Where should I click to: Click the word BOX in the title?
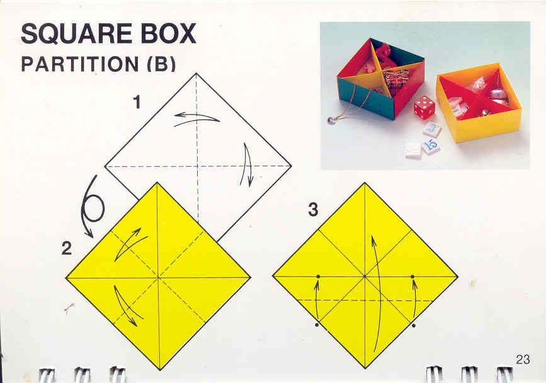tap(167, 33)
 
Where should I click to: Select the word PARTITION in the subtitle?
tap(80, 64)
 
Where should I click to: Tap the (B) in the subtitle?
tap(161, 64)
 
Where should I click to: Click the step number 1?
tap(137, 103)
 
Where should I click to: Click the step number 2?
tap(67, 248)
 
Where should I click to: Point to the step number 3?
tap(313, 210)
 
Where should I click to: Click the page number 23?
tap(523, 359)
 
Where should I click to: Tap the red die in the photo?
tap(424, 108)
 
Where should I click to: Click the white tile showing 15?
tap(430, 145)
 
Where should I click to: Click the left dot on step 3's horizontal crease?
tap(318, 277)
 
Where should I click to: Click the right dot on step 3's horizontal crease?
tap(412, 277)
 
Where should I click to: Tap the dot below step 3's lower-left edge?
tap(317, 325)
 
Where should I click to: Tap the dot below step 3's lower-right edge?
tap(413, 326)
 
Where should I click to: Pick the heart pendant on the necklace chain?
tap(331, 120)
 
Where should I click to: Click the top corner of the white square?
tap(196, 73)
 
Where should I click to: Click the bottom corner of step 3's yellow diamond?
tap(365, 369)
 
